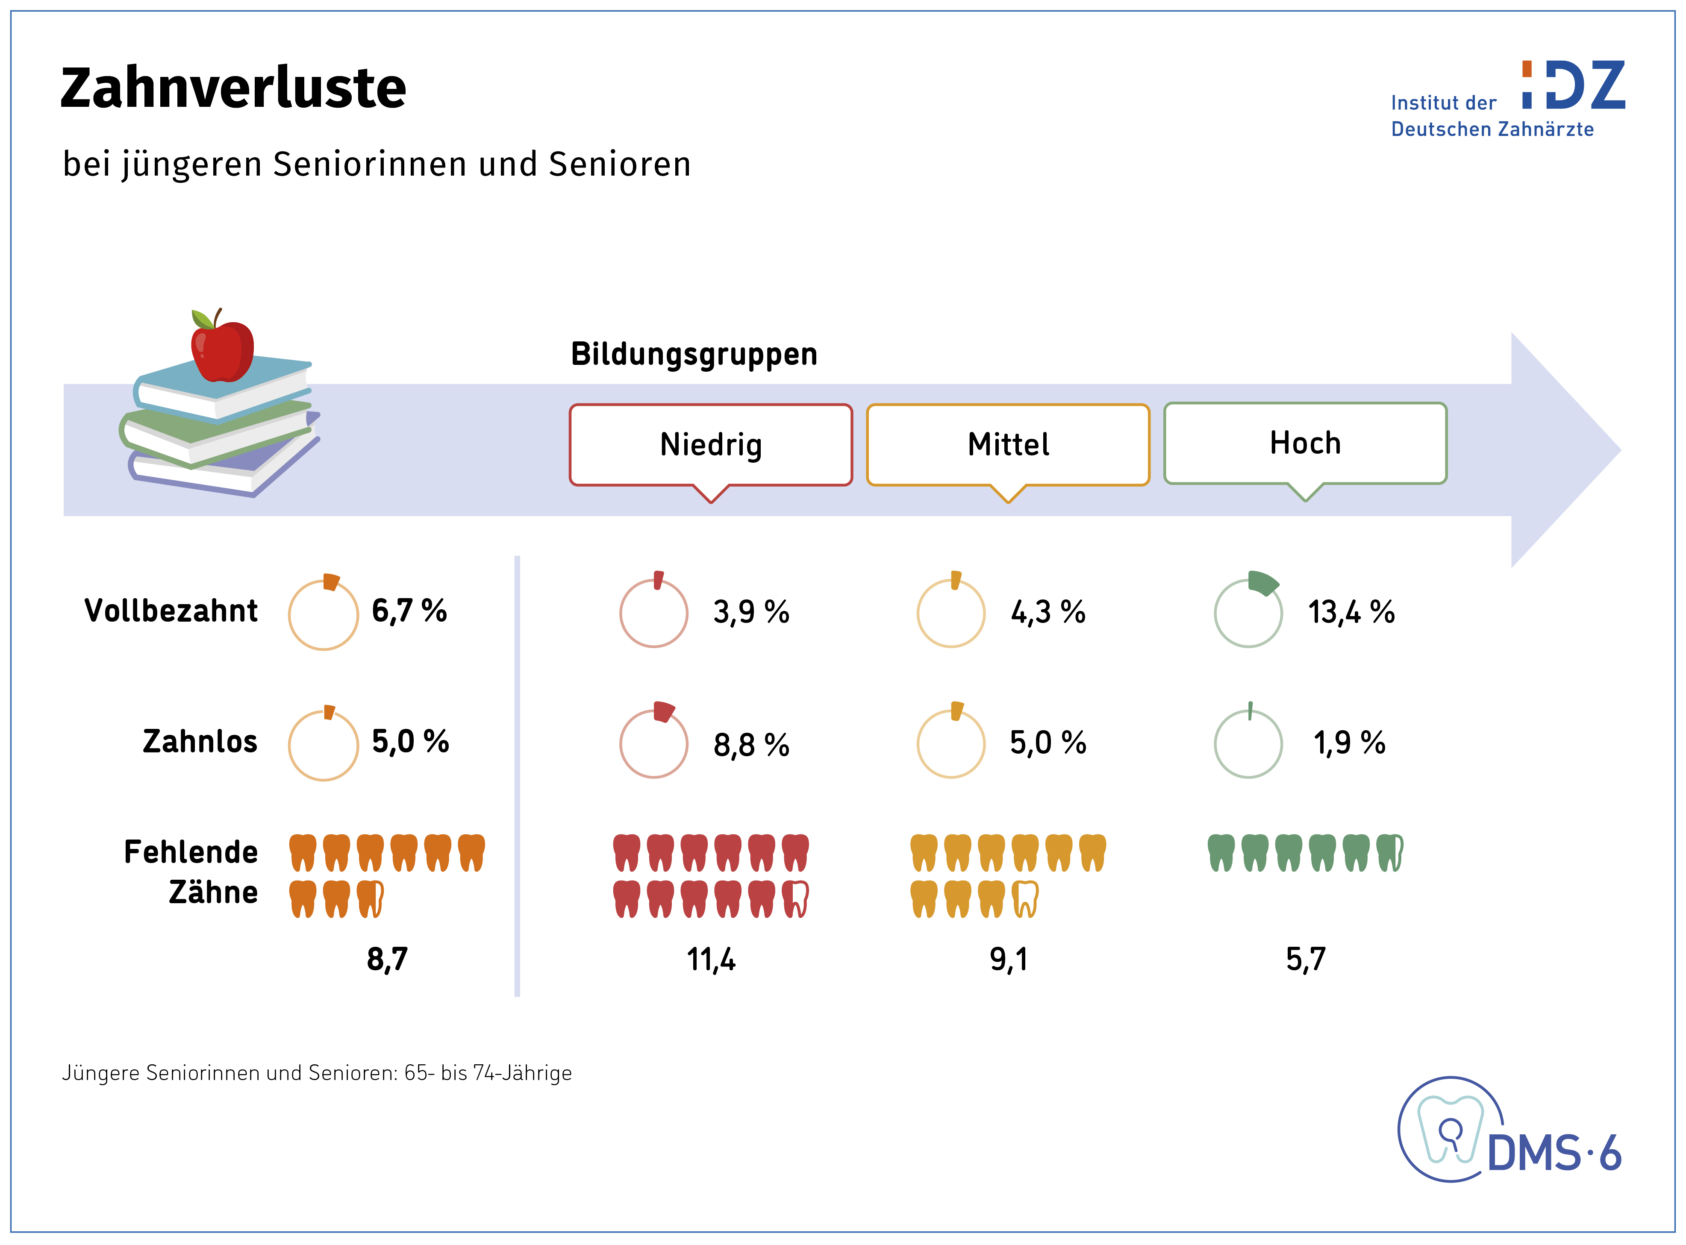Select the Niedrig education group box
(711, 445)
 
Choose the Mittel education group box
(1008, 445)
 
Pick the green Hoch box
(1305, 443)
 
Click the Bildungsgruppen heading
(693, 354)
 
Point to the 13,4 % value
(1351, 612)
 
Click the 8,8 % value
(750, 745)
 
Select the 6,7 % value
(409, 611)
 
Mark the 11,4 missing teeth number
(711, 959)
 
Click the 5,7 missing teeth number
(1305, 959)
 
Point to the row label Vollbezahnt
(171, 611)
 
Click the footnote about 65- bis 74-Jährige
(317, 1072)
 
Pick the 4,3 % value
(1047, 612)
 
